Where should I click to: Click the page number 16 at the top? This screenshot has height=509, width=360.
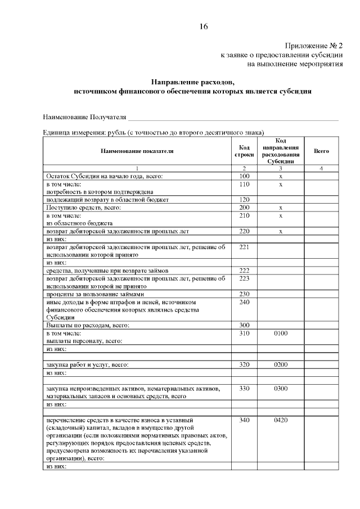coord(204,26)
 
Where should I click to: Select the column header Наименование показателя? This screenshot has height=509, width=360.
coord(137,151)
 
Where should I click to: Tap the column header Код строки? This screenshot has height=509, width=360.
coord(244,151)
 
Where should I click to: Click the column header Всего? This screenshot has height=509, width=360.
coord(321,151)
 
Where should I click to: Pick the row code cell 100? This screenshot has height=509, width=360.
coord(244,177)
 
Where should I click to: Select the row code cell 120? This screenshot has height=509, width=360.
coord(244,200)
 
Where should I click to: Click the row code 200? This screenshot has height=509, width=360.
coord(244,208)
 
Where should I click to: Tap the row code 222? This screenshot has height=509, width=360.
coord(244,270)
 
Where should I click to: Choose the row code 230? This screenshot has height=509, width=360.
coord(244,294)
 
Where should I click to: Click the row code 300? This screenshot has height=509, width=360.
coord(244,325)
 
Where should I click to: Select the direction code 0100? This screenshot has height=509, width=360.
coord(280,333)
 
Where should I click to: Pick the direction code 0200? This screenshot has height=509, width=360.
coord(280,364)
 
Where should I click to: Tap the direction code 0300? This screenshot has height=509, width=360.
coord(280,388)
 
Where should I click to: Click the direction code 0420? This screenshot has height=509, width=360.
coord(280,420)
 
